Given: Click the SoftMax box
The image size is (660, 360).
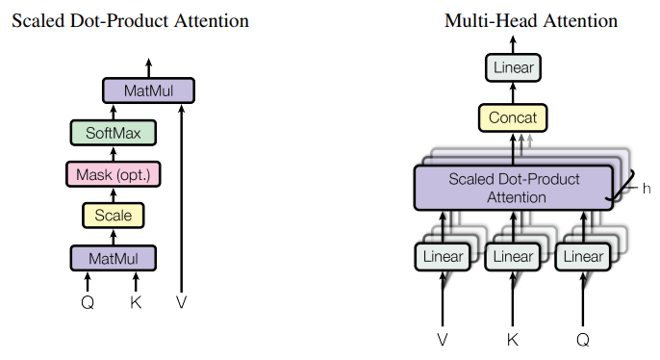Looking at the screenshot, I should [x=113, y=133].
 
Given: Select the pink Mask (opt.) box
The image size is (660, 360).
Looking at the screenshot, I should [x=113, y=174].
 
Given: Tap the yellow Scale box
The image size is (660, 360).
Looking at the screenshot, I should [x=113, y=216].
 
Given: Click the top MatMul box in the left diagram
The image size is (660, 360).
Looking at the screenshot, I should [x=148, y=90].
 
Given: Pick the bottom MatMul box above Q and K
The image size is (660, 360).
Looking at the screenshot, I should [x=113, y=258].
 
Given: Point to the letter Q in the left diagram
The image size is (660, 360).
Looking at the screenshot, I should [x=88, y=301].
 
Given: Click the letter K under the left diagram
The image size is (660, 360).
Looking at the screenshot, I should [x=136, y=301].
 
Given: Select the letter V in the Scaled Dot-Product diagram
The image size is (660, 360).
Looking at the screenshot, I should [x=181, y=301].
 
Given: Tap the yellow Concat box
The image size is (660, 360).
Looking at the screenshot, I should [x=513, y=118].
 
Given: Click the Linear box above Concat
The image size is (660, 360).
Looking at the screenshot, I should [x=513, y=67].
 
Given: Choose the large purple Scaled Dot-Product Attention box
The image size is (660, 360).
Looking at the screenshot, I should [x=512, y=188].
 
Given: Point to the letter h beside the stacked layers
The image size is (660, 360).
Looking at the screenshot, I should [x=647, y=188].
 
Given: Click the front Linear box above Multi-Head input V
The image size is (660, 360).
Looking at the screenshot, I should [x=443, y=257].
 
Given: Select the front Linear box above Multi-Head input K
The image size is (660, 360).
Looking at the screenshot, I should [x=513, y=257].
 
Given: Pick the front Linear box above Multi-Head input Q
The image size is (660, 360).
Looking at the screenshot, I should [x=583, y=257].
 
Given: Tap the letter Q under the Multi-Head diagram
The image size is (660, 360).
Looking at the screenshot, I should [x=583, y=340].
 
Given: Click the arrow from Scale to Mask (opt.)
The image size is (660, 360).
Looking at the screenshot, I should [x=113, y=194].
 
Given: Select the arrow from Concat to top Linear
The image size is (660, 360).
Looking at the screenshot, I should [x=513, y=93].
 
